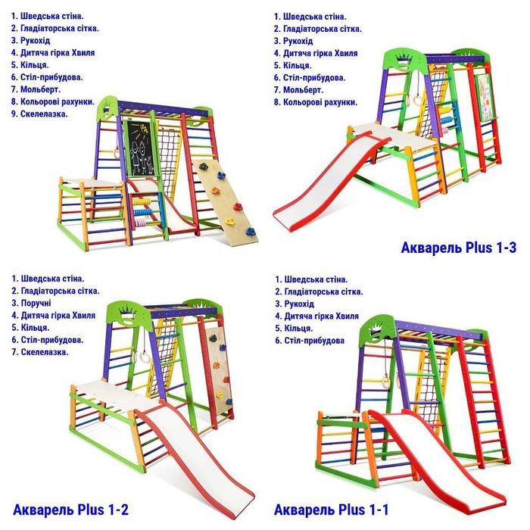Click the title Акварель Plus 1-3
[458, 248]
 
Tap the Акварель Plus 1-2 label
[70, 510]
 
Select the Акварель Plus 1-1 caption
[332, 510]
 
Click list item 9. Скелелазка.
[39, 114]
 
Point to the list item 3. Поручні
[31, 303]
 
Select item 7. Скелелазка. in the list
[40, 352]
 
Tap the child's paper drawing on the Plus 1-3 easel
[485, 98]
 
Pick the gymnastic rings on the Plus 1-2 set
[142, 356]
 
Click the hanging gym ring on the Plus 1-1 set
[385, 382]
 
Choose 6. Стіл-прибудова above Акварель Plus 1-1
[310, 341]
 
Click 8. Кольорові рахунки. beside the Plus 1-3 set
[316, 102]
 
